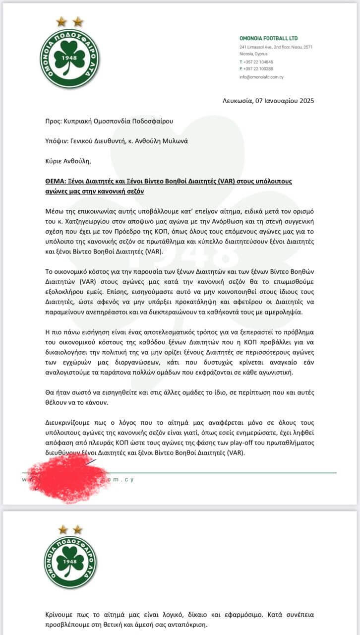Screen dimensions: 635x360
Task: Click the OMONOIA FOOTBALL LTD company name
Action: tap(268, 38)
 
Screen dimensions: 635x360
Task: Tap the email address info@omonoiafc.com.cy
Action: tap(261, 77)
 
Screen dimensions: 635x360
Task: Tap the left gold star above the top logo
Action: tap(61, 21)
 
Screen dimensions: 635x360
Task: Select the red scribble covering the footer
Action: tap(67, 478)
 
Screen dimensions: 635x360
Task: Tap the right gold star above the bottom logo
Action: tap(78, 529)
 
